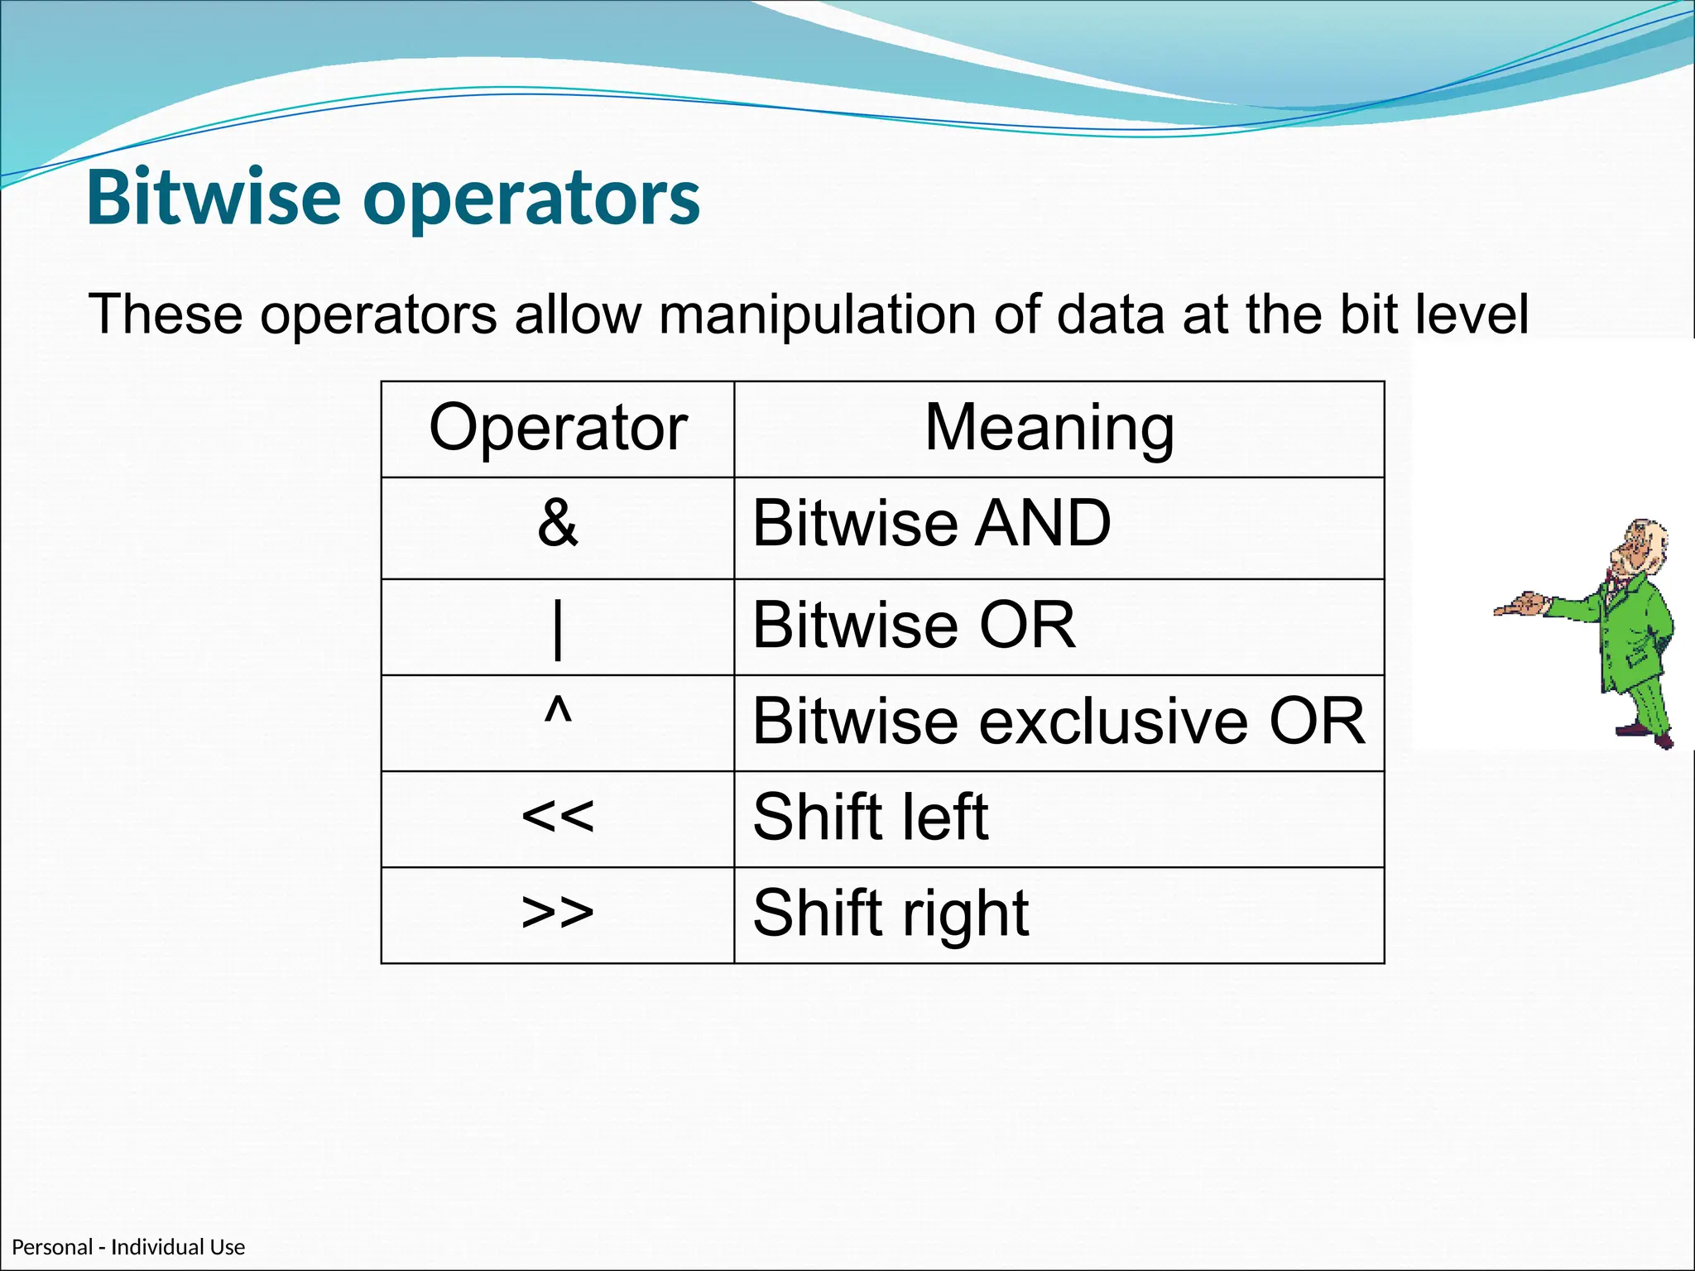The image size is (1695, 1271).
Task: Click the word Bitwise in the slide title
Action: (x=214, y=199)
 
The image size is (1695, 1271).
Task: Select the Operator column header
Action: (x=558, y=429)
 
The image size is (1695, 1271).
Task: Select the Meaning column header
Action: (x=1049, y=429)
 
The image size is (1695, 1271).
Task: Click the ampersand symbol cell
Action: (x=558, y=524)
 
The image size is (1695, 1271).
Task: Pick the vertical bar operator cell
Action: (x=558, y=627)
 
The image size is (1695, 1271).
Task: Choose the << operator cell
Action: (x=558, y=817)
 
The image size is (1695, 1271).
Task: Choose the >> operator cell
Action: (x=558, y=913)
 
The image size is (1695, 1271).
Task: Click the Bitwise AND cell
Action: (x=931, y=524)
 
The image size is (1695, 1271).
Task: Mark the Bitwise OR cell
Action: (x=914, y=626)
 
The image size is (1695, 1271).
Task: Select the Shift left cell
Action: (x=870, y=818)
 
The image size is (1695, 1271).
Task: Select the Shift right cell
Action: (x=891, y=914)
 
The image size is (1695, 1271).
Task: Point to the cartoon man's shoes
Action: (x=1647, y=732)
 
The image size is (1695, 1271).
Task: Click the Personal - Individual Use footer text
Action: (x=128, y=1247)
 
